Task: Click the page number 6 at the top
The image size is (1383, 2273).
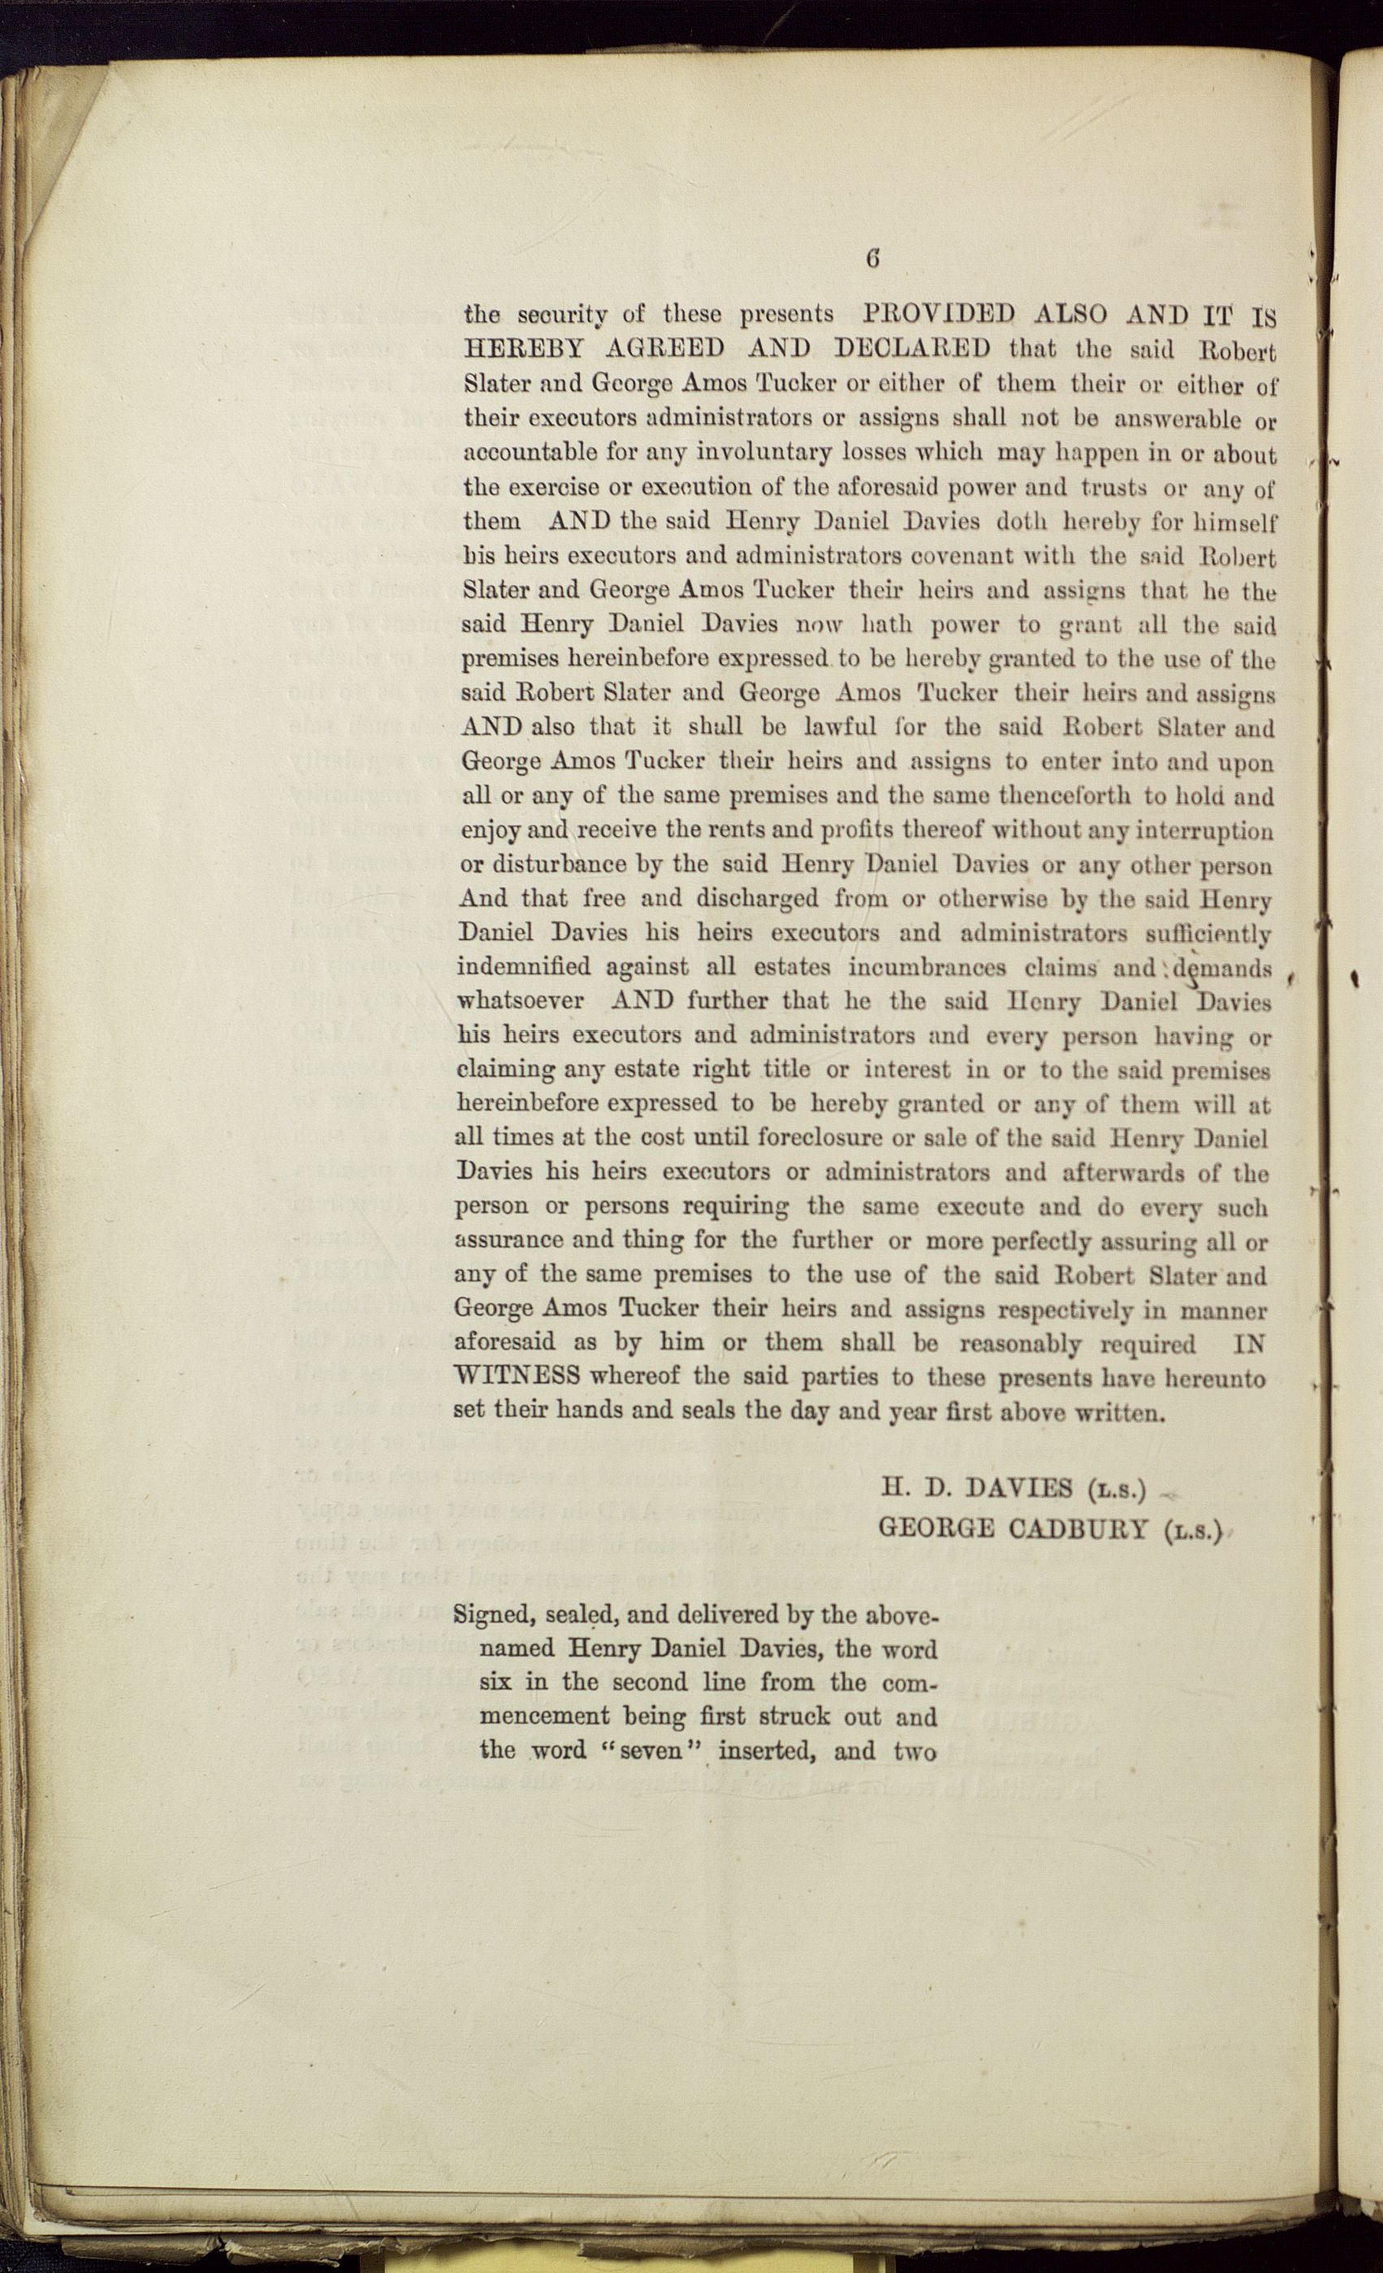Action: (872, 259)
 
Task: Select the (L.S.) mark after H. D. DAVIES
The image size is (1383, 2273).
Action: (1117, 1488)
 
